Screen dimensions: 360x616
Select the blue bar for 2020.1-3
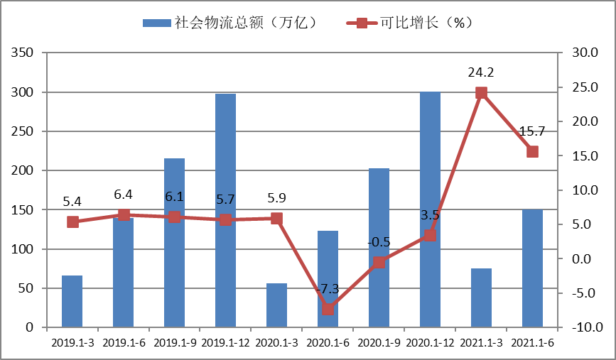[x=276, y=305]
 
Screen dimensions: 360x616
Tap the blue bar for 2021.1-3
[x=481, y=298]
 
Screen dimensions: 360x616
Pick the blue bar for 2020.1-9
[x=379, y=248]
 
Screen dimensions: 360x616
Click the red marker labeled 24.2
[x=481, y=92]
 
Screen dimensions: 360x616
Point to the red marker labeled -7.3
[x=328, y=309]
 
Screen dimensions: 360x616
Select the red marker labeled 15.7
[x=532, y=151]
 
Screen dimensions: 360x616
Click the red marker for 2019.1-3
[x=72, y=222]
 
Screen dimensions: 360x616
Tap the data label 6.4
[x=124, y=195]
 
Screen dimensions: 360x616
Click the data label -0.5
[x=379, y=242]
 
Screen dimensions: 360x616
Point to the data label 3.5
[x=430, y=214]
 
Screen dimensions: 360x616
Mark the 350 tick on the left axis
[x=23, y=53]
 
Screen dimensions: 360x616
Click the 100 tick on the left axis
[x=23, y=249]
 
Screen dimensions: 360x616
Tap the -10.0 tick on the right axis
[x=585, y=327]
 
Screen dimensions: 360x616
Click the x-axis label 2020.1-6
[x=328, y=342]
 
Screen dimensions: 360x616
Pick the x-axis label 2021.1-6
[x=532, y=342]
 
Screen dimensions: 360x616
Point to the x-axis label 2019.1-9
[x=174, y=342]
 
